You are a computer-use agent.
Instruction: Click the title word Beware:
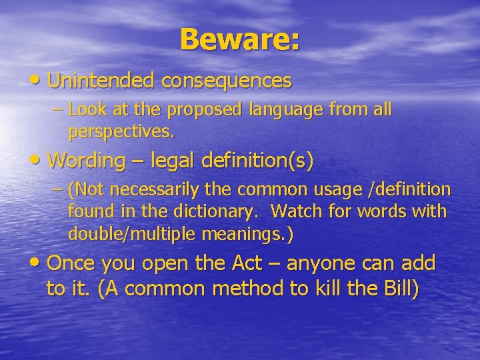coord(239,39)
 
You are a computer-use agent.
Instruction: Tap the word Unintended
coord(101,81)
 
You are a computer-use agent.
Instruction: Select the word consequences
coord(227,81)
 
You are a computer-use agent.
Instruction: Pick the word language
coord(281,109)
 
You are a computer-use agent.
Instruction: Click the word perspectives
coord(121,131)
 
